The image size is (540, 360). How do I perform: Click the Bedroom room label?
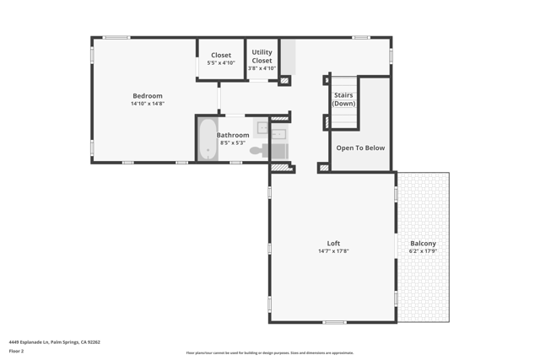[x=147, y=96]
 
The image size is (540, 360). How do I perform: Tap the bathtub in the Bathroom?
[x=208, y=138]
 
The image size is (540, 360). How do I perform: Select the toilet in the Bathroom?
[x=256, y=151]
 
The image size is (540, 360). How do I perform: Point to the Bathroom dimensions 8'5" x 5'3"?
[x=233, y=143]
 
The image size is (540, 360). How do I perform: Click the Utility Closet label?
[x=262, y=56]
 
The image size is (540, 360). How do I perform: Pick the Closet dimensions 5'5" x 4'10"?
[x=221, y=63]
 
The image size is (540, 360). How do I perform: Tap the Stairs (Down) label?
[x=343, y=99]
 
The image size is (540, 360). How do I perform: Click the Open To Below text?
[x=360, y=148]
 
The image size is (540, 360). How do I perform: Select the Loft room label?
[x=333, y=244]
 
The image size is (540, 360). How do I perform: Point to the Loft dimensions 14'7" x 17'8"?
[x=333, y=251]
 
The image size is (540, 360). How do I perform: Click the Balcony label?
[x=423, y=244]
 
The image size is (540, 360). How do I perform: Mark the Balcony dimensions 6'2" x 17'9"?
[x=423, y=251]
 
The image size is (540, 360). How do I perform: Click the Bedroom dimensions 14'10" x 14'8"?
[x=147, y=104]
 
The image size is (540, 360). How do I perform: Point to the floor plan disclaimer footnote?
[x=270, y=353]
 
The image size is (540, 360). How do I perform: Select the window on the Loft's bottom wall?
[x=334, y=322]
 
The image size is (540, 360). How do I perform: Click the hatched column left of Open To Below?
[x=323, y=168]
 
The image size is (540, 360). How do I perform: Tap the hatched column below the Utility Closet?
[x=284, y=81]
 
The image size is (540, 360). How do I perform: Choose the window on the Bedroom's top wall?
[x=116, y=37]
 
